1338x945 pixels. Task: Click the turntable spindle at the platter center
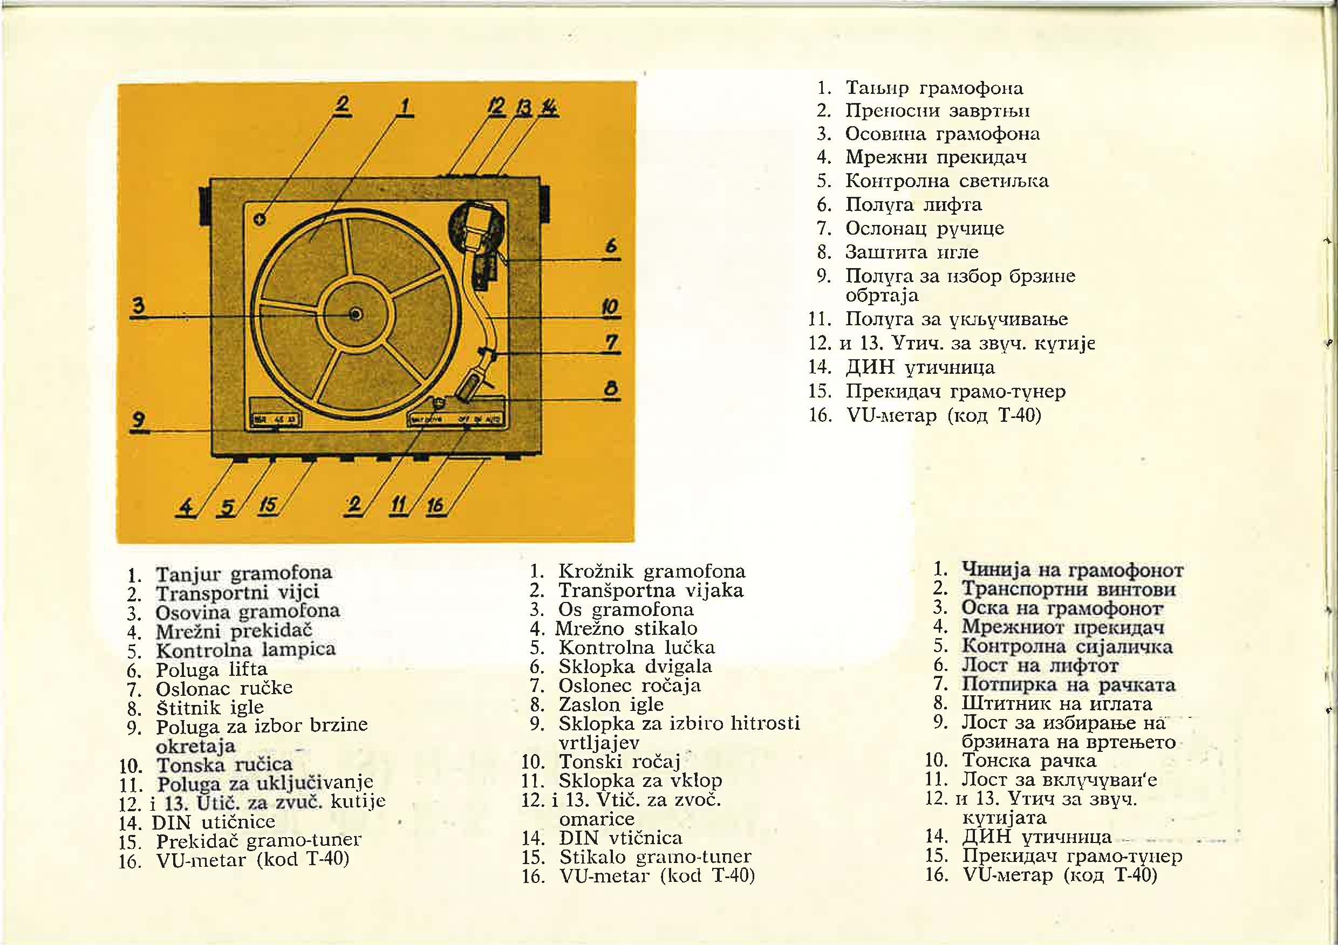coord(355,314)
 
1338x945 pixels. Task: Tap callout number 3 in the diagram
coord(138,305)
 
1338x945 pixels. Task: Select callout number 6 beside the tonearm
coord(611,246)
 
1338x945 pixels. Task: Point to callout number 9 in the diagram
coord(138,420)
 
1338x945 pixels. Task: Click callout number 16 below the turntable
coord(435,504)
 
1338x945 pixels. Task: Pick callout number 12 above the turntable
coord(496,107)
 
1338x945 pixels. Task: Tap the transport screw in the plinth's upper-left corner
coord(260,218)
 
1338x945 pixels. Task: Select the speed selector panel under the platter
coord(275,414)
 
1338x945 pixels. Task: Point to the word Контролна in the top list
coord(897,181)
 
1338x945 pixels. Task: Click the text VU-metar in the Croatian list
coord(201,860)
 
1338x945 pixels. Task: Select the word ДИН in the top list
coord(870,367)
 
